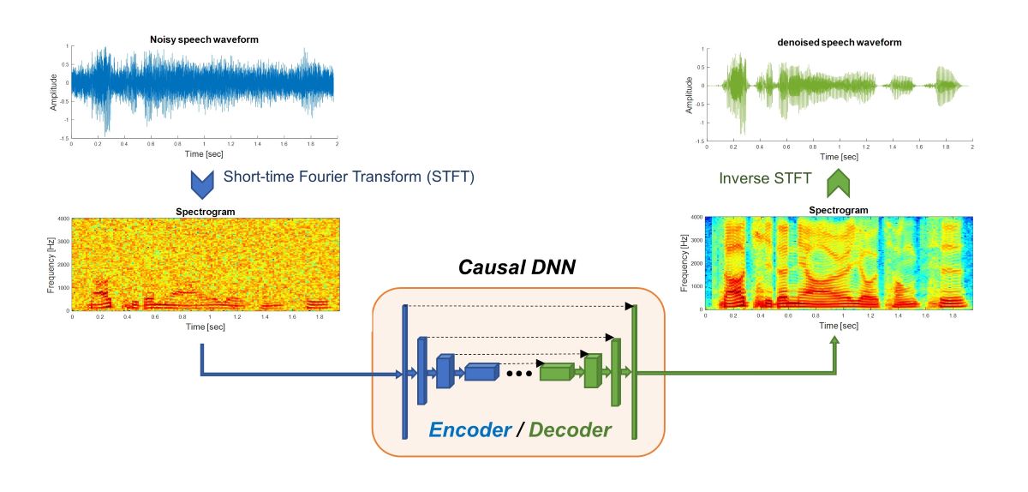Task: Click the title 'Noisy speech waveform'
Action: click(x=204, y=40)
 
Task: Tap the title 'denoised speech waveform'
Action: click(x=839, y=42)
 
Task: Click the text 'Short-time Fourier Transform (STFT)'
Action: click(x=349, y=177)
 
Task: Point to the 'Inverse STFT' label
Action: click(x=764, y=178)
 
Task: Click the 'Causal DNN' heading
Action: click(x=517, y=267)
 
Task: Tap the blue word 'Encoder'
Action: click(x=469, y=429)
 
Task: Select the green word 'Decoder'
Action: click(x=570, y=429)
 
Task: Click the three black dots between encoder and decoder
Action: click(x=519, y=374)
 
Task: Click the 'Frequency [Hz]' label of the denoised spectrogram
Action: click(x=684, y=263)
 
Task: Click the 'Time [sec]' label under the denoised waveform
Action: click(x=839, y=157)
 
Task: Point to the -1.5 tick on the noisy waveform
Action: click(x=63, y=138)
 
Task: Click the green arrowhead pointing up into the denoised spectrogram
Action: click(x=835, y=340)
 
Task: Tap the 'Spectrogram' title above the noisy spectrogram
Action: click(x=204, y=210)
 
